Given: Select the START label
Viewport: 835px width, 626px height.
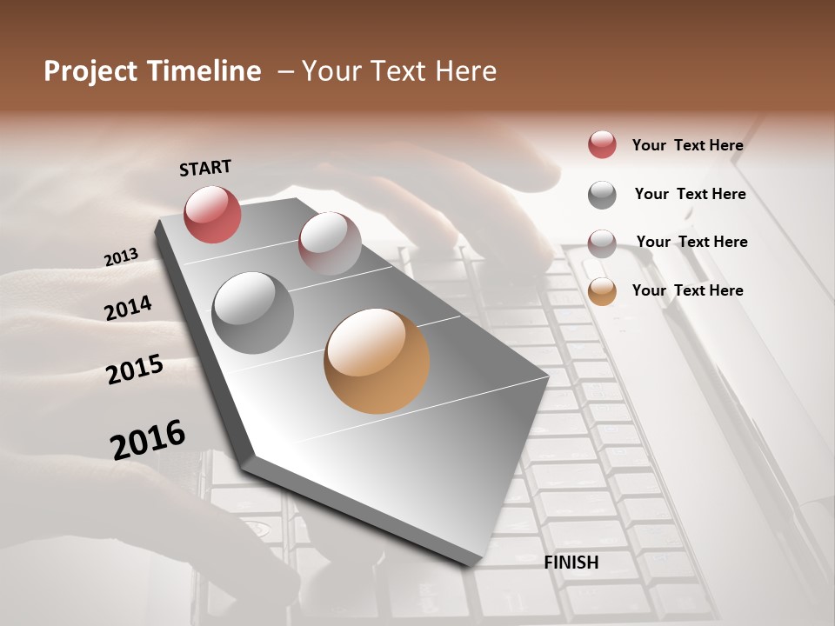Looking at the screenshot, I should coord(205,168).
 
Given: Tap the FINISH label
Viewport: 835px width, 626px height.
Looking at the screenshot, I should coord(571,563).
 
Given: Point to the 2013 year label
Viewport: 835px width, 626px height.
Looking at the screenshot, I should coord(121,257).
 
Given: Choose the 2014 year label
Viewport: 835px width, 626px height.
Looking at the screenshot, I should coord(128,308).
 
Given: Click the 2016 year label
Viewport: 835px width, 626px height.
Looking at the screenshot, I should coord(148,440).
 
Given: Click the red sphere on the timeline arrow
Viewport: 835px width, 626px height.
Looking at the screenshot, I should coord(212,214).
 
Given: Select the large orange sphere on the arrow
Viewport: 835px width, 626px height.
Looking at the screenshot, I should coord(377,361).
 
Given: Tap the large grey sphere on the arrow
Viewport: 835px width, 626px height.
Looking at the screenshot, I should coord(253,313).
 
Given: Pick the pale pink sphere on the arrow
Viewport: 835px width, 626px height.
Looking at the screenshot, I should coord(330,243).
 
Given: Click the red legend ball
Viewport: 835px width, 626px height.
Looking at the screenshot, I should coord(602,144).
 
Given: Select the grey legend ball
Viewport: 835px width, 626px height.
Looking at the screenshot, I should coord(602,195).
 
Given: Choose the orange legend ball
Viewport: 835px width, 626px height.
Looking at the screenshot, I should coord(602,291).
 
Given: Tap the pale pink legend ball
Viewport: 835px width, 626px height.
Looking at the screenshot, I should coord(602,243).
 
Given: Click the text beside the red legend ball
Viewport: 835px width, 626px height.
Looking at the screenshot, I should coord(687,146).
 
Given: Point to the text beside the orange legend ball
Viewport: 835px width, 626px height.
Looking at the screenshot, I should coord(687,290).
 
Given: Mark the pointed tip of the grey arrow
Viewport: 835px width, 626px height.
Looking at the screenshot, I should coord(475,563).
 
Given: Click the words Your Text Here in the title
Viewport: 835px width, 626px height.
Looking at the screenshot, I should coord(399,71).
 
